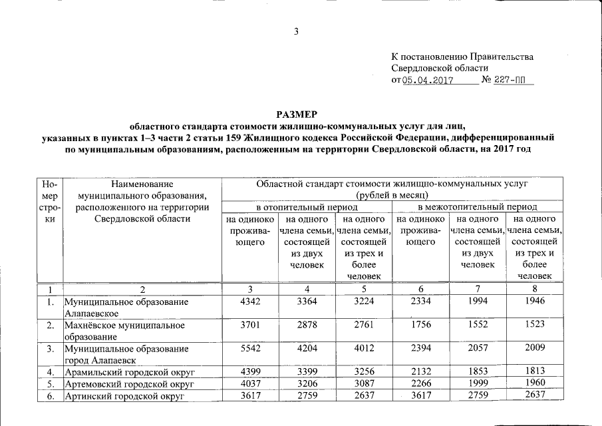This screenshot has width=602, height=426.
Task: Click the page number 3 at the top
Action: point(297,31)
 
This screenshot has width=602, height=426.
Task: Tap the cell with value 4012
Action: point(363,348)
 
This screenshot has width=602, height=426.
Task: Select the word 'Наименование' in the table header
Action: point(142,183)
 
